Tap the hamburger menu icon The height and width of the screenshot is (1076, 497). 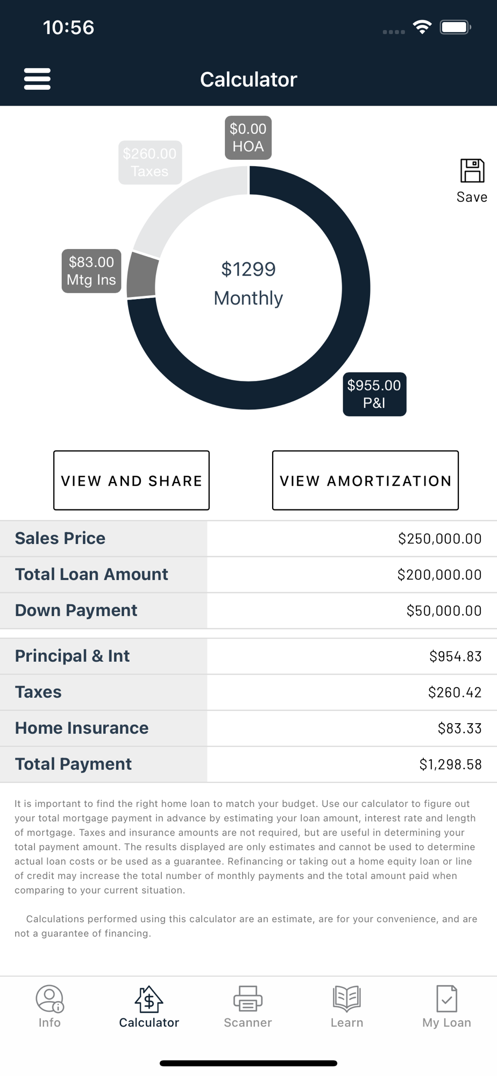[x=37, y=79]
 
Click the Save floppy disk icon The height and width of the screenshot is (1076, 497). [x=472, y=171]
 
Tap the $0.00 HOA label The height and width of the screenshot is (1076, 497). [x=248, y=138]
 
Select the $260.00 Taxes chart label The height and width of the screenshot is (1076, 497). [x=150, y=162]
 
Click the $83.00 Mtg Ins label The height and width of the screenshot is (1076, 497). [x=91, y=271]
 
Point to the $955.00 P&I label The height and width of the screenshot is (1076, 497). [x=374, y=394]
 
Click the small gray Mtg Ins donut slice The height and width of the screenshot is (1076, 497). [x=143, y=275]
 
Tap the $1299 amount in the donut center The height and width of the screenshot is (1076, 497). [x=248, y=269]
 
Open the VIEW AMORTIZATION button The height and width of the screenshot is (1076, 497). [x=365, y=480]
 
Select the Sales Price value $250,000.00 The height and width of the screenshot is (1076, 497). [x=439, y=539]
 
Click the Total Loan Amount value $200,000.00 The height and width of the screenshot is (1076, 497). [x=439, y=575]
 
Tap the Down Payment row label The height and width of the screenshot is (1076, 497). [x=76, y=610]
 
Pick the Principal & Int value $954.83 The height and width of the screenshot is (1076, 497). [x=455, y=656]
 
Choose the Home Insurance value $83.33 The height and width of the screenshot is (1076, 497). [x=459, y=728]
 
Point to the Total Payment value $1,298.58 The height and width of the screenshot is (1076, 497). [x=450, y=764]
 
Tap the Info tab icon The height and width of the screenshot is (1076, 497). [x=49, y=999]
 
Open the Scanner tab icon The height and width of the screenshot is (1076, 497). [x=248, y=999]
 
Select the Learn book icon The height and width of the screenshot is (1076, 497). [x=347, y=999]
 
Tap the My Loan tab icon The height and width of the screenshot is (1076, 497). [x=446, y=999]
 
